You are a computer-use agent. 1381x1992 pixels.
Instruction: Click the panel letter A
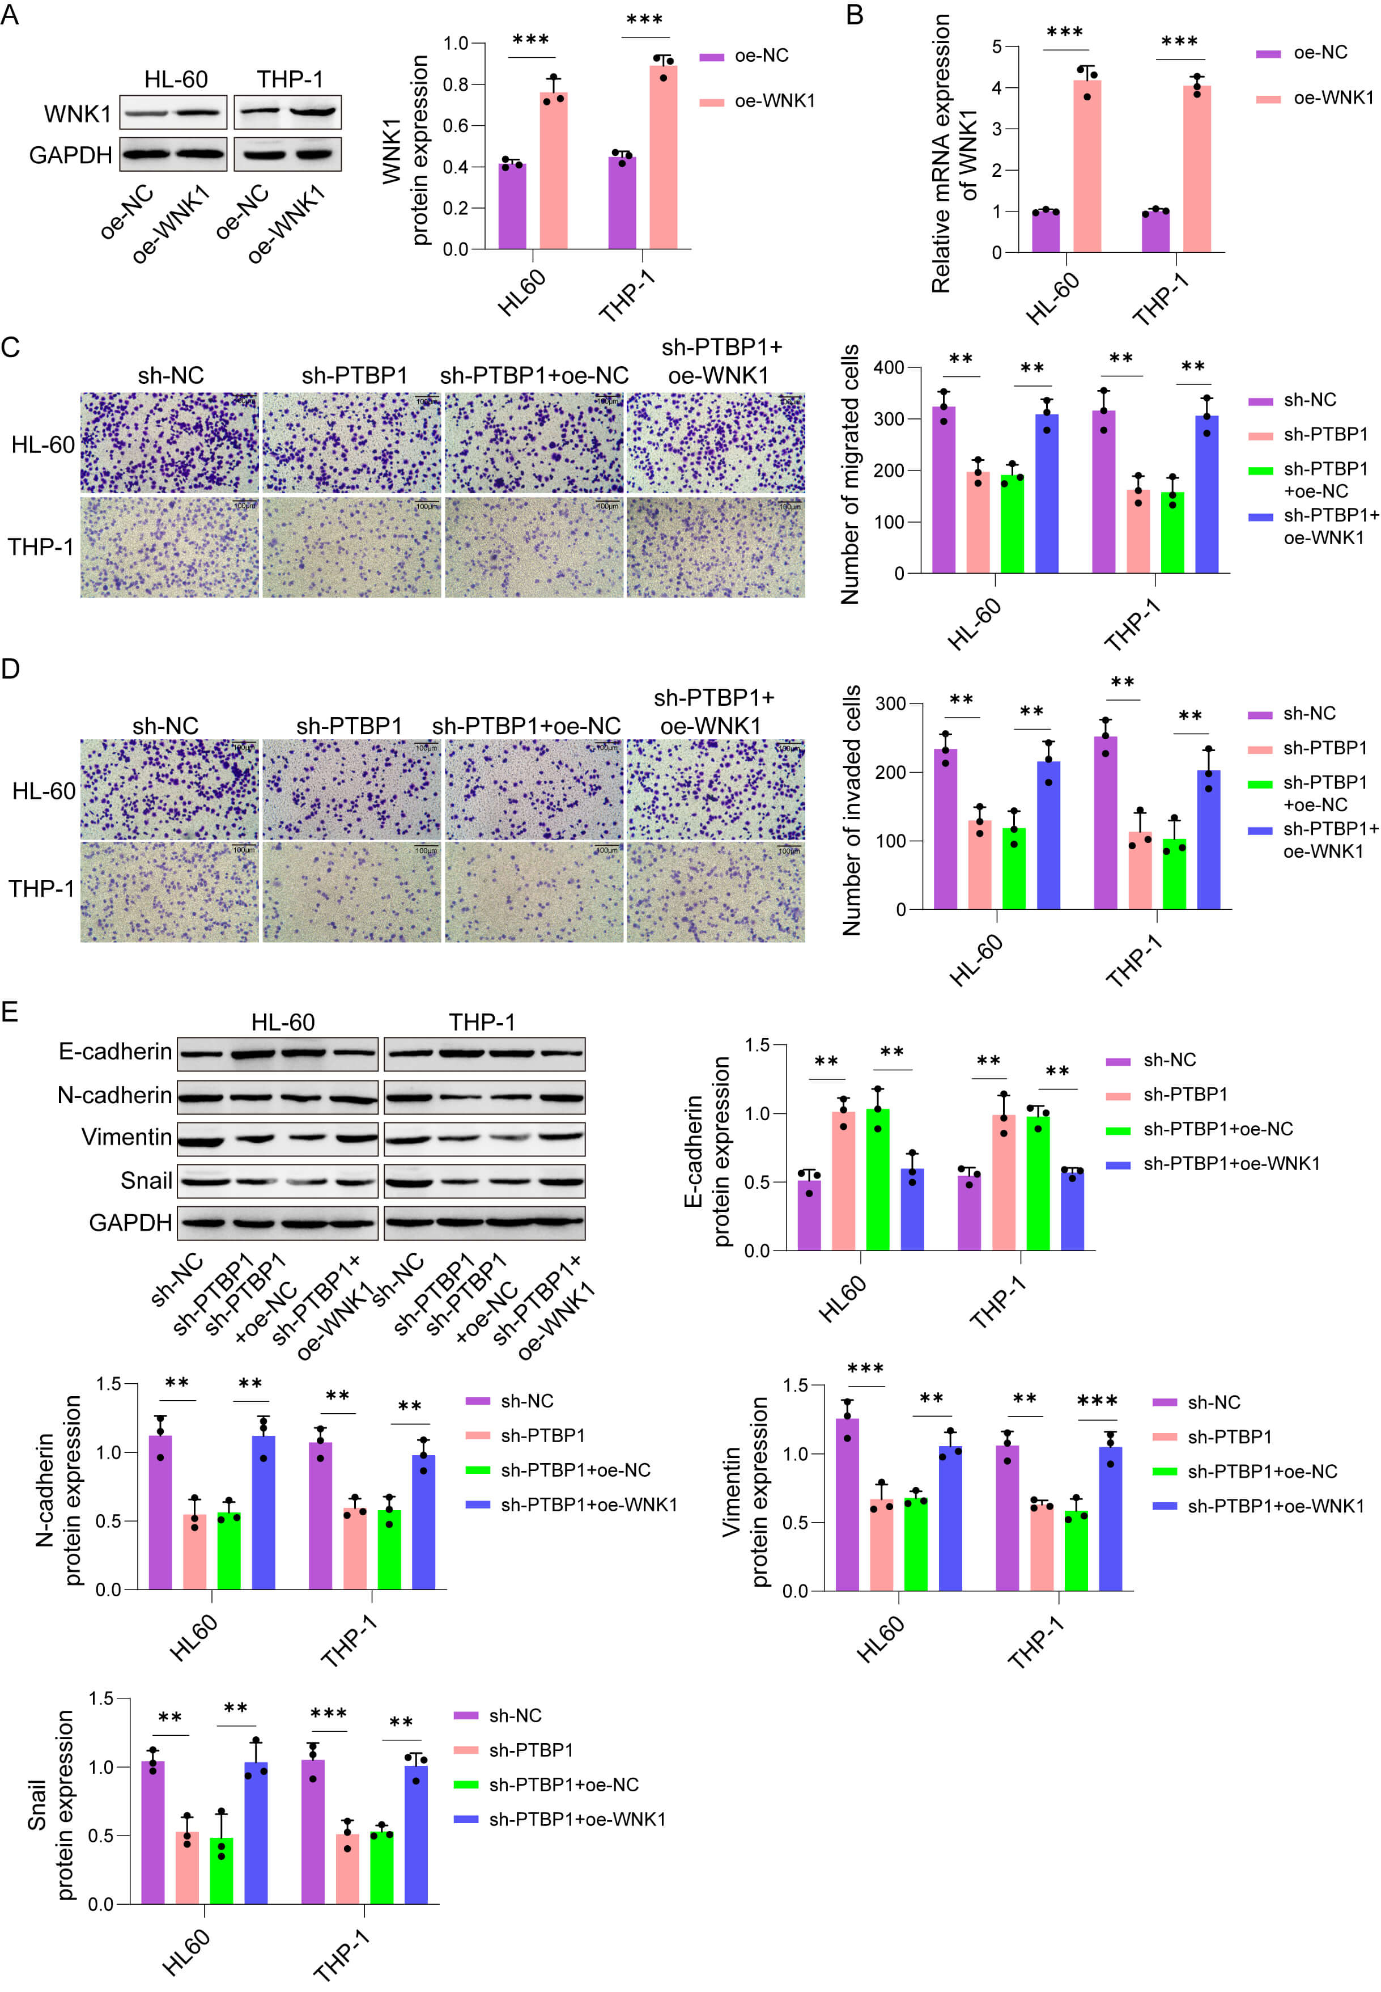tap(10, 15)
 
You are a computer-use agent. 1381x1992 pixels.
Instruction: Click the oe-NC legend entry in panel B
tap(1302, 53)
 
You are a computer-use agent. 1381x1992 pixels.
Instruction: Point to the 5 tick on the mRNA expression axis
tap(997, 46)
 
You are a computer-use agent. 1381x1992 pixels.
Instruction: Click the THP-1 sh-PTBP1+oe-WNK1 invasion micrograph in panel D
tap(716, 891)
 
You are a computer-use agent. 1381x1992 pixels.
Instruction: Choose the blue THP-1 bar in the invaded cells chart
tap(1209, 840)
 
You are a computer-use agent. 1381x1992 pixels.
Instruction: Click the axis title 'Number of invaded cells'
tap(852, 810)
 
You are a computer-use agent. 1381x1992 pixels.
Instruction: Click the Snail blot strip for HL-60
tap(278, 1180)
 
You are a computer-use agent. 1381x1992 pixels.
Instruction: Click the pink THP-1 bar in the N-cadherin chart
tap(355, 1548)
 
